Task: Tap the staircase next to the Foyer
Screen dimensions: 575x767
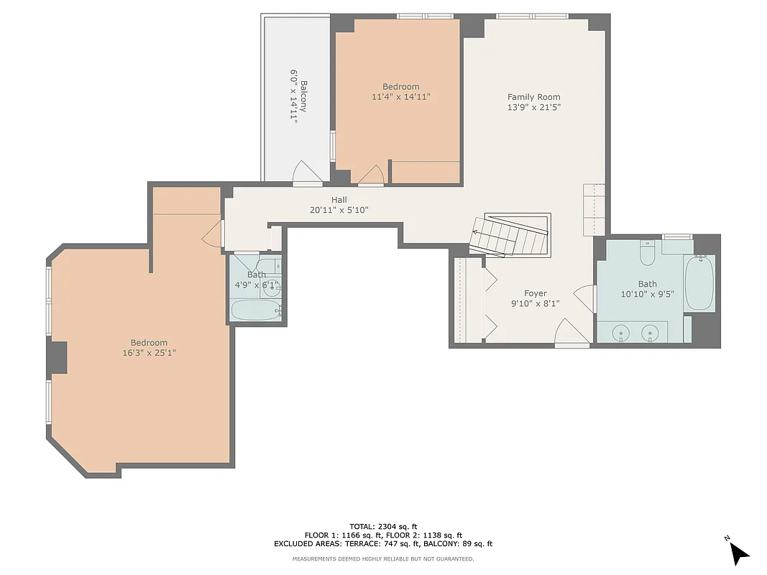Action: point(512,235)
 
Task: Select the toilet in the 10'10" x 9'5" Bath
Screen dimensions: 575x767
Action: point(647,254)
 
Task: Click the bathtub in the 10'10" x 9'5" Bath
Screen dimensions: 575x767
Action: point(699,284)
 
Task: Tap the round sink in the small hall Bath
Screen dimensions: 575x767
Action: point(271,289)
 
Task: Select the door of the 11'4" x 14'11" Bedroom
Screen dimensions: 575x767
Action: point(372,175)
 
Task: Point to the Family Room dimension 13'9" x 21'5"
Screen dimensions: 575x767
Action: point(533,108)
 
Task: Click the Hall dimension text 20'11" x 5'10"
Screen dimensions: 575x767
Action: point(339,210)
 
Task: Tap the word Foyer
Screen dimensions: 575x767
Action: point(535,293)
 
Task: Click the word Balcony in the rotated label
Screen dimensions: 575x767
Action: point(304,96)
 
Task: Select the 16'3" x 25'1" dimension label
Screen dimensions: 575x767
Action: point(149,353)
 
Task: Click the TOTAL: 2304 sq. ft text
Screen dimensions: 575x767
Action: point(383,526)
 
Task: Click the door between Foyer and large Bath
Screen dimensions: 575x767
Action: point(586,298)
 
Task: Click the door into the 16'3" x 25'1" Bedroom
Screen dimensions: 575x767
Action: point(213,234)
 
